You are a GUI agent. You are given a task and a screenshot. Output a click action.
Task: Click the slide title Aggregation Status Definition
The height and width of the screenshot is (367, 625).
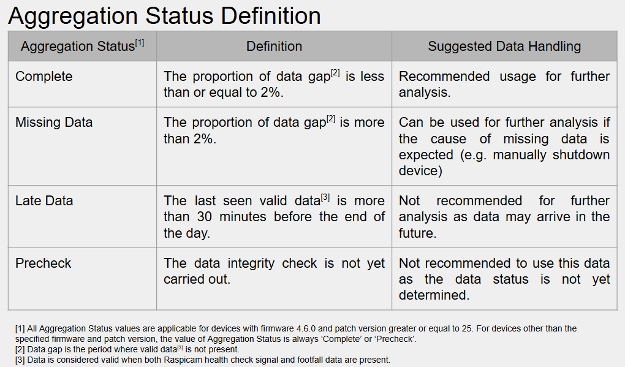[164, 16]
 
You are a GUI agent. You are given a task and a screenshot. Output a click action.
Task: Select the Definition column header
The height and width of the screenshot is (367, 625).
[274, 46]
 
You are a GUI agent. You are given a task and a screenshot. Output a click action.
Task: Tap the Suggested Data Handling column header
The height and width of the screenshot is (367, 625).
[504, 46]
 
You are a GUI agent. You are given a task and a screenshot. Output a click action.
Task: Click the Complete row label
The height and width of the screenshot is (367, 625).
[44, 76]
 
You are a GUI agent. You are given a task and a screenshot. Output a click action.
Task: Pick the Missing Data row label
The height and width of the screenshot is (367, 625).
[54, 122]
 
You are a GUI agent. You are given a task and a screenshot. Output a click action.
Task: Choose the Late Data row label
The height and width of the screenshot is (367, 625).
[44, 200]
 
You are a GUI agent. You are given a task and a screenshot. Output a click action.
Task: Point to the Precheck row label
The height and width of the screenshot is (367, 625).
[43, 263]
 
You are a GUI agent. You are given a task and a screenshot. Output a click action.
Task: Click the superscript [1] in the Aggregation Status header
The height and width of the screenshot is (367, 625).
[140, 43]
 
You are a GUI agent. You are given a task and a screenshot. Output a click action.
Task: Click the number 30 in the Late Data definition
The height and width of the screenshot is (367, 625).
[205, 217]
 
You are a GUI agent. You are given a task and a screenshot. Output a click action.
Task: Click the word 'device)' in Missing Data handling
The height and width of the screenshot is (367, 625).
[420, 171]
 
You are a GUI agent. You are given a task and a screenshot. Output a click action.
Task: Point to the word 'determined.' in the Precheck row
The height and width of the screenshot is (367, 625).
[434, 295]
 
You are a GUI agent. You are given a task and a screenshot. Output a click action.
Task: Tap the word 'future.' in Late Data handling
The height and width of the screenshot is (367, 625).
[418, 233]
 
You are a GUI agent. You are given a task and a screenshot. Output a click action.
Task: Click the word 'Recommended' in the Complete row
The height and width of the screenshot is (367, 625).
[444, 76]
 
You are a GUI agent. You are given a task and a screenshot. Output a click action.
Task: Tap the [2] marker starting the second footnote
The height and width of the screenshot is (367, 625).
[20, 349]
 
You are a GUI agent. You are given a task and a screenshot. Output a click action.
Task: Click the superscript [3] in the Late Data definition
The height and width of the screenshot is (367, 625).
[325, 197]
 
